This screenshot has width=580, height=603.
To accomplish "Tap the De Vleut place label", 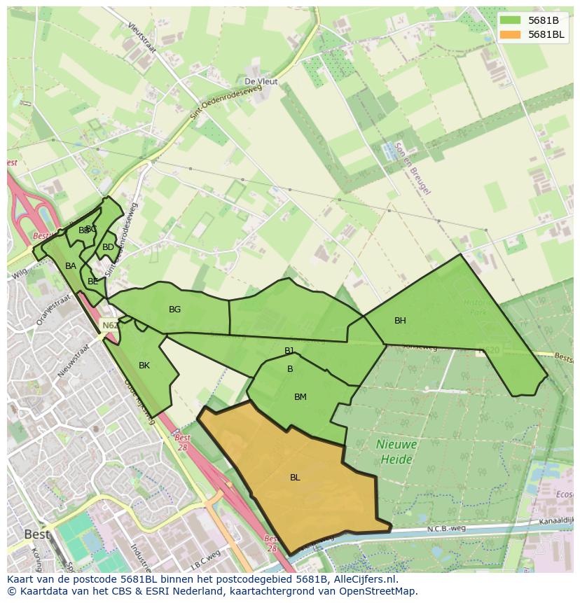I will (261, 82).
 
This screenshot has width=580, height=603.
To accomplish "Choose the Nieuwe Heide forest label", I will (396, 452).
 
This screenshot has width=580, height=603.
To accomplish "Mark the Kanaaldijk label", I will (556, 520).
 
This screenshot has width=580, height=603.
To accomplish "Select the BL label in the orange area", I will (295, 478).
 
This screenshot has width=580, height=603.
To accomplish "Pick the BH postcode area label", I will (400, 321).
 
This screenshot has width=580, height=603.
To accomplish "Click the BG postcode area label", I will (174, 310).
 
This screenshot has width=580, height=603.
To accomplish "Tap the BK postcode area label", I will (144, 366).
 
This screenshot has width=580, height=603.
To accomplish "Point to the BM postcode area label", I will (301, 397).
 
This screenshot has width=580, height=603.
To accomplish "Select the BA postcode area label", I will (71, 266).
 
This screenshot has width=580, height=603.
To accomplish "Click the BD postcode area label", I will (108, 247).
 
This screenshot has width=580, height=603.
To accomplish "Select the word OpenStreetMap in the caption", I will (378, 591).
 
